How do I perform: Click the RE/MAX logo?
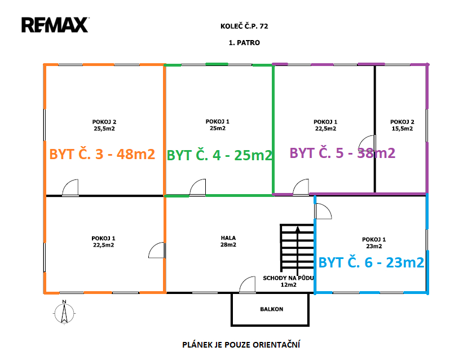point(55,25)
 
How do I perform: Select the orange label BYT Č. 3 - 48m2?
point(102,154)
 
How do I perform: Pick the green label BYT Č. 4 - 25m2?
point(219,155)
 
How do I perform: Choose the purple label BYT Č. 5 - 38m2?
point(342,152)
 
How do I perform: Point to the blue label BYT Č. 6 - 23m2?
point(371,262)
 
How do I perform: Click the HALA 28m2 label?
point(228,242)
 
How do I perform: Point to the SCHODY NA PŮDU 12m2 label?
point(288,282)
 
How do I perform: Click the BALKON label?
point(271,309)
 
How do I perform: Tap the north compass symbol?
point(65,313)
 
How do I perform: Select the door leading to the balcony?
point(248,285)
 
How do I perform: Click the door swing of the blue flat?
point(323,211)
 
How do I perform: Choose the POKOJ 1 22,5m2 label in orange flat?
point(103,242)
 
